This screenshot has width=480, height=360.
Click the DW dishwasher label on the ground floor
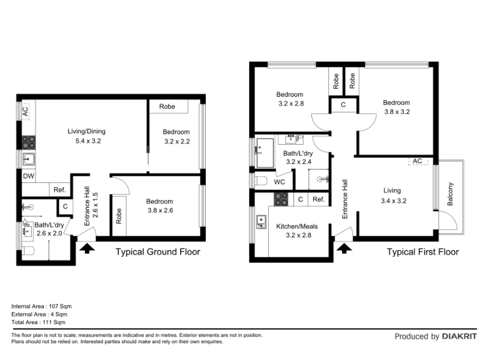click(x=28, y=176)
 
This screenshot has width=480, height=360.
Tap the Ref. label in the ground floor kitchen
click(x=59, y=190)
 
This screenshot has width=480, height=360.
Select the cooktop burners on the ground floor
click(x=28, y=142)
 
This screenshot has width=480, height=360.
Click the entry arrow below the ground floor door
click(x=87, y=248)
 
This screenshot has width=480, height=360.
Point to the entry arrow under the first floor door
click(x=344, y=248)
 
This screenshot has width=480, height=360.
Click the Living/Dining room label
click(x=86, y=131)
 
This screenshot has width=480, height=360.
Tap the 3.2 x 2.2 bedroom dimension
click(x=177, y=142)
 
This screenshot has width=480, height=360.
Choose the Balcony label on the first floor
click(x=449, y=194)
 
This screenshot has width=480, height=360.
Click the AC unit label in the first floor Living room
click(x=417, y=161)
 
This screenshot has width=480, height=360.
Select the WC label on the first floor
click(x=279, y=182)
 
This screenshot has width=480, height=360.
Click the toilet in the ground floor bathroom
click(x=28, y=251)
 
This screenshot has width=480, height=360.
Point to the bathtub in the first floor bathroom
click(x=265, y=153)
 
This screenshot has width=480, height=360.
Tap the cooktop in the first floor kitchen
click(x=281, y=199)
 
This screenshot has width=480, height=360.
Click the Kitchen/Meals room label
click(x=297, y=227)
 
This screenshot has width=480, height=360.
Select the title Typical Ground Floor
click(x=158, y=252)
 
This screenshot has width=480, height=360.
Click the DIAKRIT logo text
click(x=460, y=337)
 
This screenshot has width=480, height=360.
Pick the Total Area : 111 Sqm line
click(x=38, y=322)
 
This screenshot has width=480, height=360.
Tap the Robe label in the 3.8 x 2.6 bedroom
click(x=119, y=216)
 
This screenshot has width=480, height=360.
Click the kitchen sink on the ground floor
click(x=29, y=160)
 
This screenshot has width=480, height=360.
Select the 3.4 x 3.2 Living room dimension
click(x=394, y=201)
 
